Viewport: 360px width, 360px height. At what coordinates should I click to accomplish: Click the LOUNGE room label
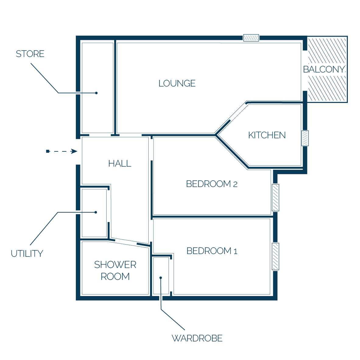177,83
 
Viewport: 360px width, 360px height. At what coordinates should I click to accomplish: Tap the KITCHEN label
267,135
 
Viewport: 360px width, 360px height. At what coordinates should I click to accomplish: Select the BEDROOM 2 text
212,184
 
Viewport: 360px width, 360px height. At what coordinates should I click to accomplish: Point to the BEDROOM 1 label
212,251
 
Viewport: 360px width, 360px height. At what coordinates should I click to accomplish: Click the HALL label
120,164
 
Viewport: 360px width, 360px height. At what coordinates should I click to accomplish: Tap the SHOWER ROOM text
115,270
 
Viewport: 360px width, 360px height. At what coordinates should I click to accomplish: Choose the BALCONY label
324,69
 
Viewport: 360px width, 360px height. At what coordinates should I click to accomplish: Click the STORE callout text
30,54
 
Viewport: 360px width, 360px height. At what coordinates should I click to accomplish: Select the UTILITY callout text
27,254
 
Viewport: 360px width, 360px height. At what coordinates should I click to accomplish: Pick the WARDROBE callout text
197,338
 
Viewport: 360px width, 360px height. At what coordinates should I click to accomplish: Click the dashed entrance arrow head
74,151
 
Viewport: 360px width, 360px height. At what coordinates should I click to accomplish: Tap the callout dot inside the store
97,93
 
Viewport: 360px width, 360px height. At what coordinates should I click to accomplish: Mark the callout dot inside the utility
96,212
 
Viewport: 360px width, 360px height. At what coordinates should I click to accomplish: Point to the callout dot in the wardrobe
161,278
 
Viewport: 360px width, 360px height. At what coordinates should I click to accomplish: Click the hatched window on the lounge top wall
251,38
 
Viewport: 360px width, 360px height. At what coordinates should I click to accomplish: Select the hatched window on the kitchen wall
305,138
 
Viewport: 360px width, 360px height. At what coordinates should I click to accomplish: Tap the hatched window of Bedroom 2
276,197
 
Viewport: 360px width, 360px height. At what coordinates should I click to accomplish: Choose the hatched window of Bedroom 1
276,256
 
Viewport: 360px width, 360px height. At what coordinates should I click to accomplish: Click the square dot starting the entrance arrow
48,151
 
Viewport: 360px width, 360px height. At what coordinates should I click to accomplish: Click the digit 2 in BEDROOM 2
235,184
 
